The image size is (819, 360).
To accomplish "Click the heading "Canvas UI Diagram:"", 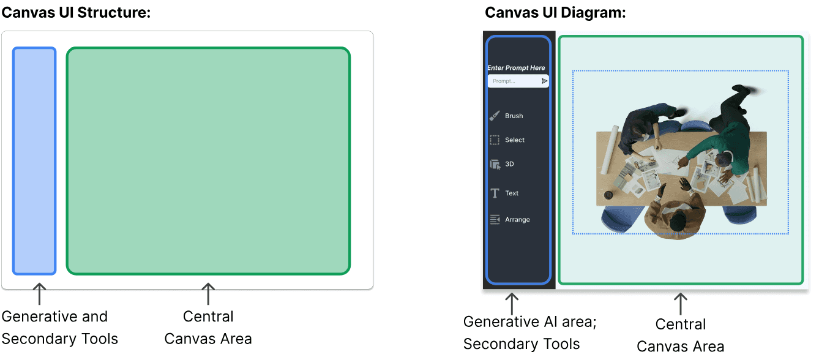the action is coord(555,12).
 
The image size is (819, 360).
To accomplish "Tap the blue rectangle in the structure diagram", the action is coord(34,160).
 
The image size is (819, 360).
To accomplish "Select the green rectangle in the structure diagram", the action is coord(208,160).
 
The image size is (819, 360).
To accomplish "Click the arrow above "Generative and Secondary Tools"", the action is coord(39,294).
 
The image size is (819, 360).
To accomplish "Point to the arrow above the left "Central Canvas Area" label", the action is coord(208,294).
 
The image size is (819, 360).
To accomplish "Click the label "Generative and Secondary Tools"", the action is coord(59,328).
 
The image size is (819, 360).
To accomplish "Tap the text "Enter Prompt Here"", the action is coord(516,68).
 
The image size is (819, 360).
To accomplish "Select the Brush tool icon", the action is coord(495,116).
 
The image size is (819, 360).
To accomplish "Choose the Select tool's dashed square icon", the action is coord(495,140).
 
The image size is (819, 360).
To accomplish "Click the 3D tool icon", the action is coord(495,164).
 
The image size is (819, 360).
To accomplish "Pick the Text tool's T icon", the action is coord(495,193).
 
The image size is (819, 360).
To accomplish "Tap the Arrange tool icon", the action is coord(495,220).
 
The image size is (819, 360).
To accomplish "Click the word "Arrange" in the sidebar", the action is coord(517,220).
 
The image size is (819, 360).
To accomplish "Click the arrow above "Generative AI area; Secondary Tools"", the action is coord(512,304).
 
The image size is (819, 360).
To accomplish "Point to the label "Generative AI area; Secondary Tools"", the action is coord(529,332).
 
